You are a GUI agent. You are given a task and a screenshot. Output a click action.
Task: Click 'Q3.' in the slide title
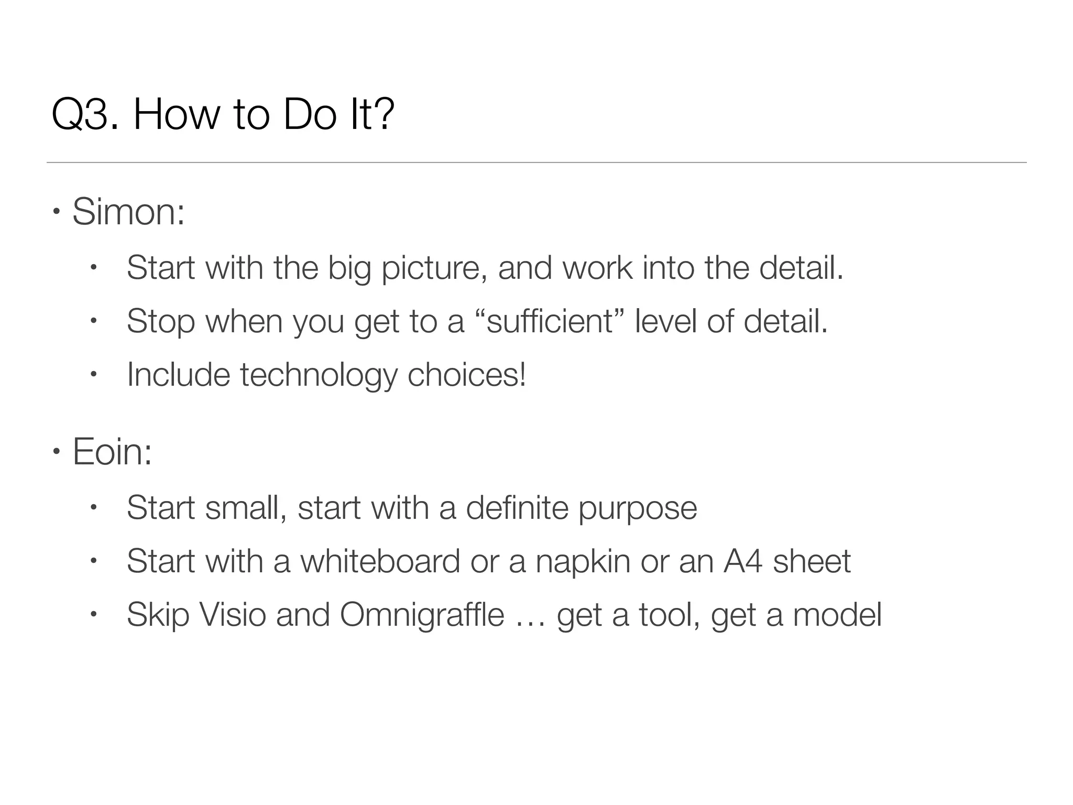pyautogui.click(x=84, y=115)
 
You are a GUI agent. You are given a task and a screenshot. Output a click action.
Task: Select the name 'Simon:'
pyautogui.click(x=128, y=212)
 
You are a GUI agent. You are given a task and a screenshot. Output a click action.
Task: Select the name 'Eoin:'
pyautogui.click(x=112, y=452)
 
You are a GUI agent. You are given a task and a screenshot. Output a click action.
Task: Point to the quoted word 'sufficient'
pyautogui.click(x=550, y=321)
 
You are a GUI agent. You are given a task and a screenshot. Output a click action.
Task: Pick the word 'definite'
pyautogui.click(x=517, y=508)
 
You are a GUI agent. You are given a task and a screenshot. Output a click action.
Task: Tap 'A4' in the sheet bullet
pyautogui.click(x=743, y=561)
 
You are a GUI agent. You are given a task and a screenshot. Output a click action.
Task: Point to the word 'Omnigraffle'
pyautogui.click(x=422, y=615)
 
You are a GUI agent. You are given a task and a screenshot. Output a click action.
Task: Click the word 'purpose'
pyautogui.click(x=638, y=509)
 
